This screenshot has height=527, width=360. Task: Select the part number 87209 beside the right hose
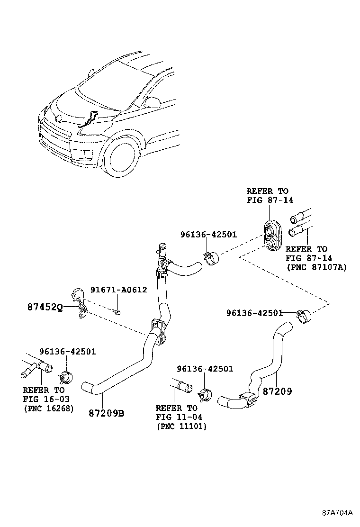[277, 391]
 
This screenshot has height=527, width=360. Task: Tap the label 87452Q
[44, 307]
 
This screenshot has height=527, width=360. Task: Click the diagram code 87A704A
[338, 512]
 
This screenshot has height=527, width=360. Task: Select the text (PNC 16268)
[49, 408]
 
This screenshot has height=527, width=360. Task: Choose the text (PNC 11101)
[181, 426]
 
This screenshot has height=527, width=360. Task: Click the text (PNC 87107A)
[316, 267]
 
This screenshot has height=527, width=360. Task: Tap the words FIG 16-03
[44, 399]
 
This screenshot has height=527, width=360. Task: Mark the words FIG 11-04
[179, 417]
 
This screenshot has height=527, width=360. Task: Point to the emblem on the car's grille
[59, 118]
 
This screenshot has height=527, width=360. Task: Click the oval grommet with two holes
[272, 235]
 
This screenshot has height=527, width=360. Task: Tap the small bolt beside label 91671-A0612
[117, 311]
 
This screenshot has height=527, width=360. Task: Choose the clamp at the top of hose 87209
[303, 315]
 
